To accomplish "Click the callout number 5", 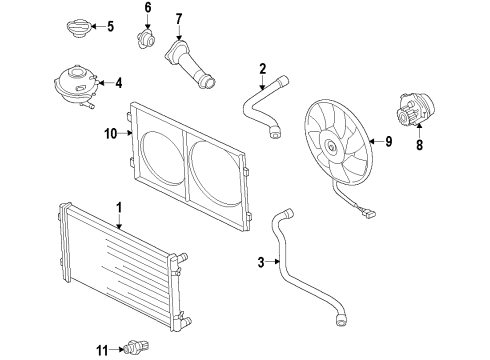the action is pos(110,26).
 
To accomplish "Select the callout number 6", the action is pos(148,7).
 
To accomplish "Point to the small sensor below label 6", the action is pos(146,39).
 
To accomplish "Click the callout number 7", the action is pos(179,19).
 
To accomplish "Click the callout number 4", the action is pos(119,83).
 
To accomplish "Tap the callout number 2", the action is pos(263,69).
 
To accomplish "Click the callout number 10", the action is pos(111,134).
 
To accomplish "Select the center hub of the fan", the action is pos(331,146).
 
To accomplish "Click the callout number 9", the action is pos(388,142).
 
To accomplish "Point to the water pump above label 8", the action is pos(416,110).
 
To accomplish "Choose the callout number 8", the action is pos(419,145).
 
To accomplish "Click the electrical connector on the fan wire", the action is pos(369,212).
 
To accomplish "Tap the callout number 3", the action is pos(261,262).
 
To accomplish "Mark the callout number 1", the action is pos(119,208).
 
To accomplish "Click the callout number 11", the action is pos(103,350).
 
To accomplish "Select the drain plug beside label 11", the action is pos(136,347).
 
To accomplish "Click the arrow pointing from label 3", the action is pos(273,262).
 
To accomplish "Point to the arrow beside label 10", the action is pos(126,133).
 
